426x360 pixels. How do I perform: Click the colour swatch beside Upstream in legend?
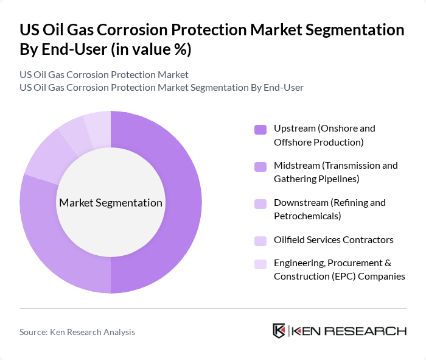[x=260, y=129]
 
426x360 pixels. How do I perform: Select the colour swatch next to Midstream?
[x=260, y=166]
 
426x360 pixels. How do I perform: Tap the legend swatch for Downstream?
[x=260, y=203]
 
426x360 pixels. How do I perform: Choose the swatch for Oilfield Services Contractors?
[x=260, y=241]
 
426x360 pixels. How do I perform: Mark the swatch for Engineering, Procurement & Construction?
[x=260, y=264]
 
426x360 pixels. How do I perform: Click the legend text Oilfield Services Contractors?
[x=333, y=239]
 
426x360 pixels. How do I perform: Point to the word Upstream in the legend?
[x=294, y=129]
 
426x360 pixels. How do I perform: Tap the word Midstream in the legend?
[x=296, y=166]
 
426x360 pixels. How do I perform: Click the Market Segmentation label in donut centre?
[x=111, y=203]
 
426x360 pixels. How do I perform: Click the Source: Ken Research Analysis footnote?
[x=77, y=332]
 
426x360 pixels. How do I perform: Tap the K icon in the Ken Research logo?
[x=279, y=331]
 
